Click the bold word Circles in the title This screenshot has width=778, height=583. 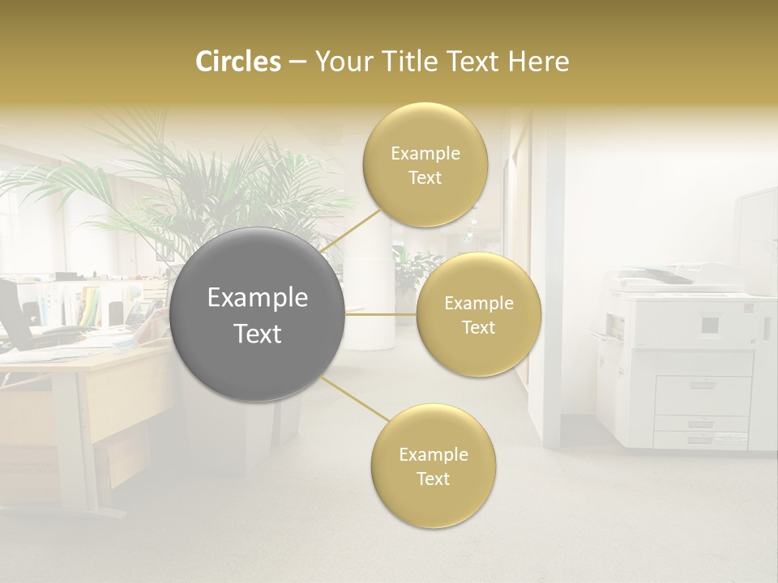click(237, 62)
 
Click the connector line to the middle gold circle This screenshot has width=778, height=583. click(381, 314)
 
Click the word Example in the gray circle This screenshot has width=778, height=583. click(258, 298)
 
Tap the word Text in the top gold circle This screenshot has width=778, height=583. click(425, 178)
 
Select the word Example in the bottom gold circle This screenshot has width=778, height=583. click(433, 455)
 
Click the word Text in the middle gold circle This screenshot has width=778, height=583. click(479, 328)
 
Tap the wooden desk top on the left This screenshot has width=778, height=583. click(81, 360)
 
